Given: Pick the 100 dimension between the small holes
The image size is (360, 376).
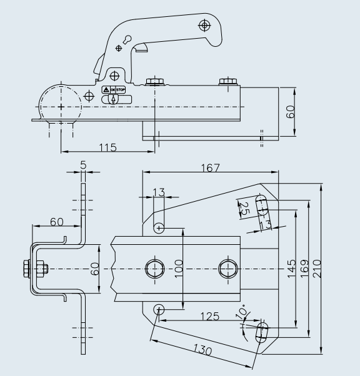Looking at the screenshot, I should click(x=178, y=269).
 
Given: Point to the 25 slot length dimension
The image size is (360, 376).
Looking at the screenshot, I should click(x=244, y=207).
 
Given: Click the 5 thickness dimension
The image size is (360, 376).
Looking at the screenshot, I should click(x=83, y=167).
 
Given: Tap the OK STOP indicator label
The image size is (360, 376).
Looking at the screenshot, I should click(x=117, y=90).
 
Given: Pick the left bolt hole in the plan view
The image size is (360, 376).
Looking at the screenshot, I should click(x=152, y=269).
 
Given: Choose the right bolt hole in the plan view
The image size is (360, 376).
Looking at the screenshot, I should click(x=226, y=269).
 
